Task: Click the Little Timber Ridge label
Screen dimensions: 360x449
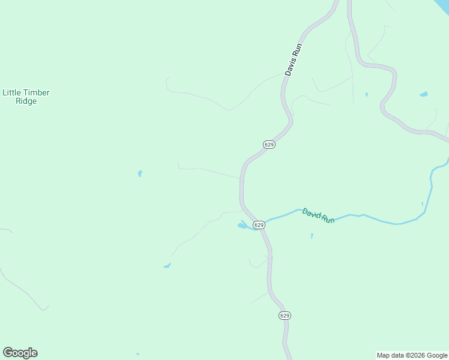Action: (26, 97)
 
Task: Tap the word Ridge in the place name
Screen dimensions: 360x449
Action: (26, 101)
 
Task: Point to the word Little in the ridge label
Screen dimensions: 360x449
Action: (11, 92)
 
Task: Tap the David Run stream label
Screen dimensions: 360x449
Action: (318, 215)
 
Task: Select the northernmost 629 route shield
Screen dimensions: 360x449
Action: (270, 145)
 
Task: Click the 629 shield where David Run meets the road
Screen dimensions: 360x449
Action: (259, 225)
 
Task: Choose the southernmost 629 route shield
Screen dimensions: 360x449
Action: (285, 316)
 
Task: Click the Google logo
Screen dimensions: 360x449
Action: (20, 353)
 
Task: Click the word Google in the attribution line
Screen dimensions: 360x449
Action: (437, 355)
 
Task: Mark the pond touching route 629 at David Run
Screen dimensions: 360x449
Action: (243, 226)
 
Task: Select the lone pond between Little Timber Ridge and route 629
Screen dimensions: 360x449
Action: (140, 173)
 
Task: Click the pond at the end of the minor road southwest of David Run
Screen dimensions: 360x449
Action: (167, 265)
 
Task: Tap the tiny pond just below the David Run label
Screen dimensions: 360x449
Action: (312, 236)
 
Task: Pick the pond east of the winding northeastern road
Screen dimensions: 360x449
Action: (424, 94)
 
